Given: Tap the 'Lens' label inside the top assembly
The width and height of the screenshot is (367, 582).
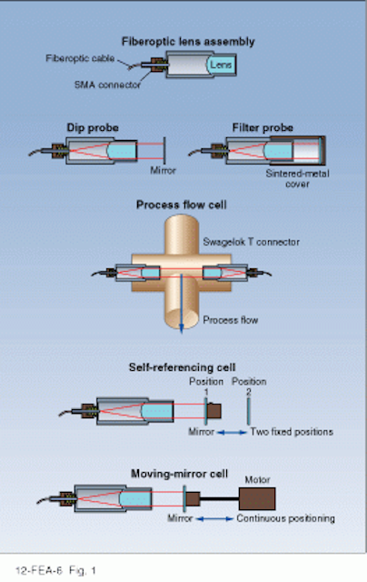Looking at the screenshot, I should coord(223,66).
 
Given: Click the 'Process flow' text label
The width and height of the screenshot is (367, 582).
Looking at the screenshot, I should coord(227,319).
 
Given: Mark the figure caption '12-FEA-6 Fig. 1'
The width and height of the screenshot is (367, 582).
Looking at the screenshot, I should coord(51,570).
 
